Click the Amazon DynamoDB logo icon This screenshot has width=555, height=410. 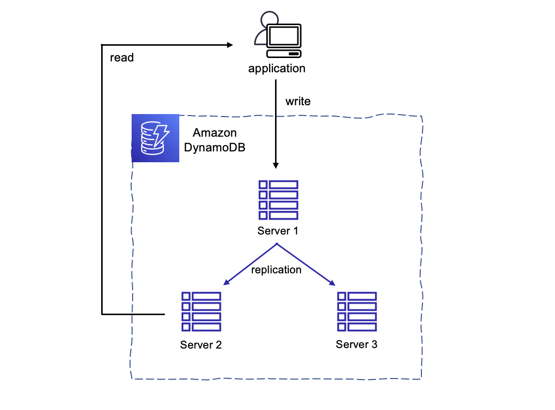pos(155,138)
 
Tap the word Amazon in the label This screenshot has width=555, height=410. pos(215,133)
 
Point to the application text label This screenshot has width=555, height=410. pos(277,68)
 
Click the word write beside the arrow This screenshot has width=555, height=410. pos(298,101)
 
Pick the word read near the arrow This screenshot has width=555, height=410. pos(122,58)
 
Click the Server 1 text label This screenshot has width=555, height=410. pos(277,231)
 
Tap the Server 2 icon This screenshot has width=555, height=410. pos(201,311)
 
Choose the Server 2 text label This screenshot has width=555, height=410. pos(200,345)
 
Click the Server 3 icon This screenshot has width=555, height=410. pos(357,311)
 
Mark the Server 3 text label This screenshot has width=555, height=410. pos(357,344)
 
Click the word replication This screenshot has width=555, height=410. pos(276,270)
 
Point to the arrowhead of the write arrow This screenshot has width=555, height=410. pos(276,165)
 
